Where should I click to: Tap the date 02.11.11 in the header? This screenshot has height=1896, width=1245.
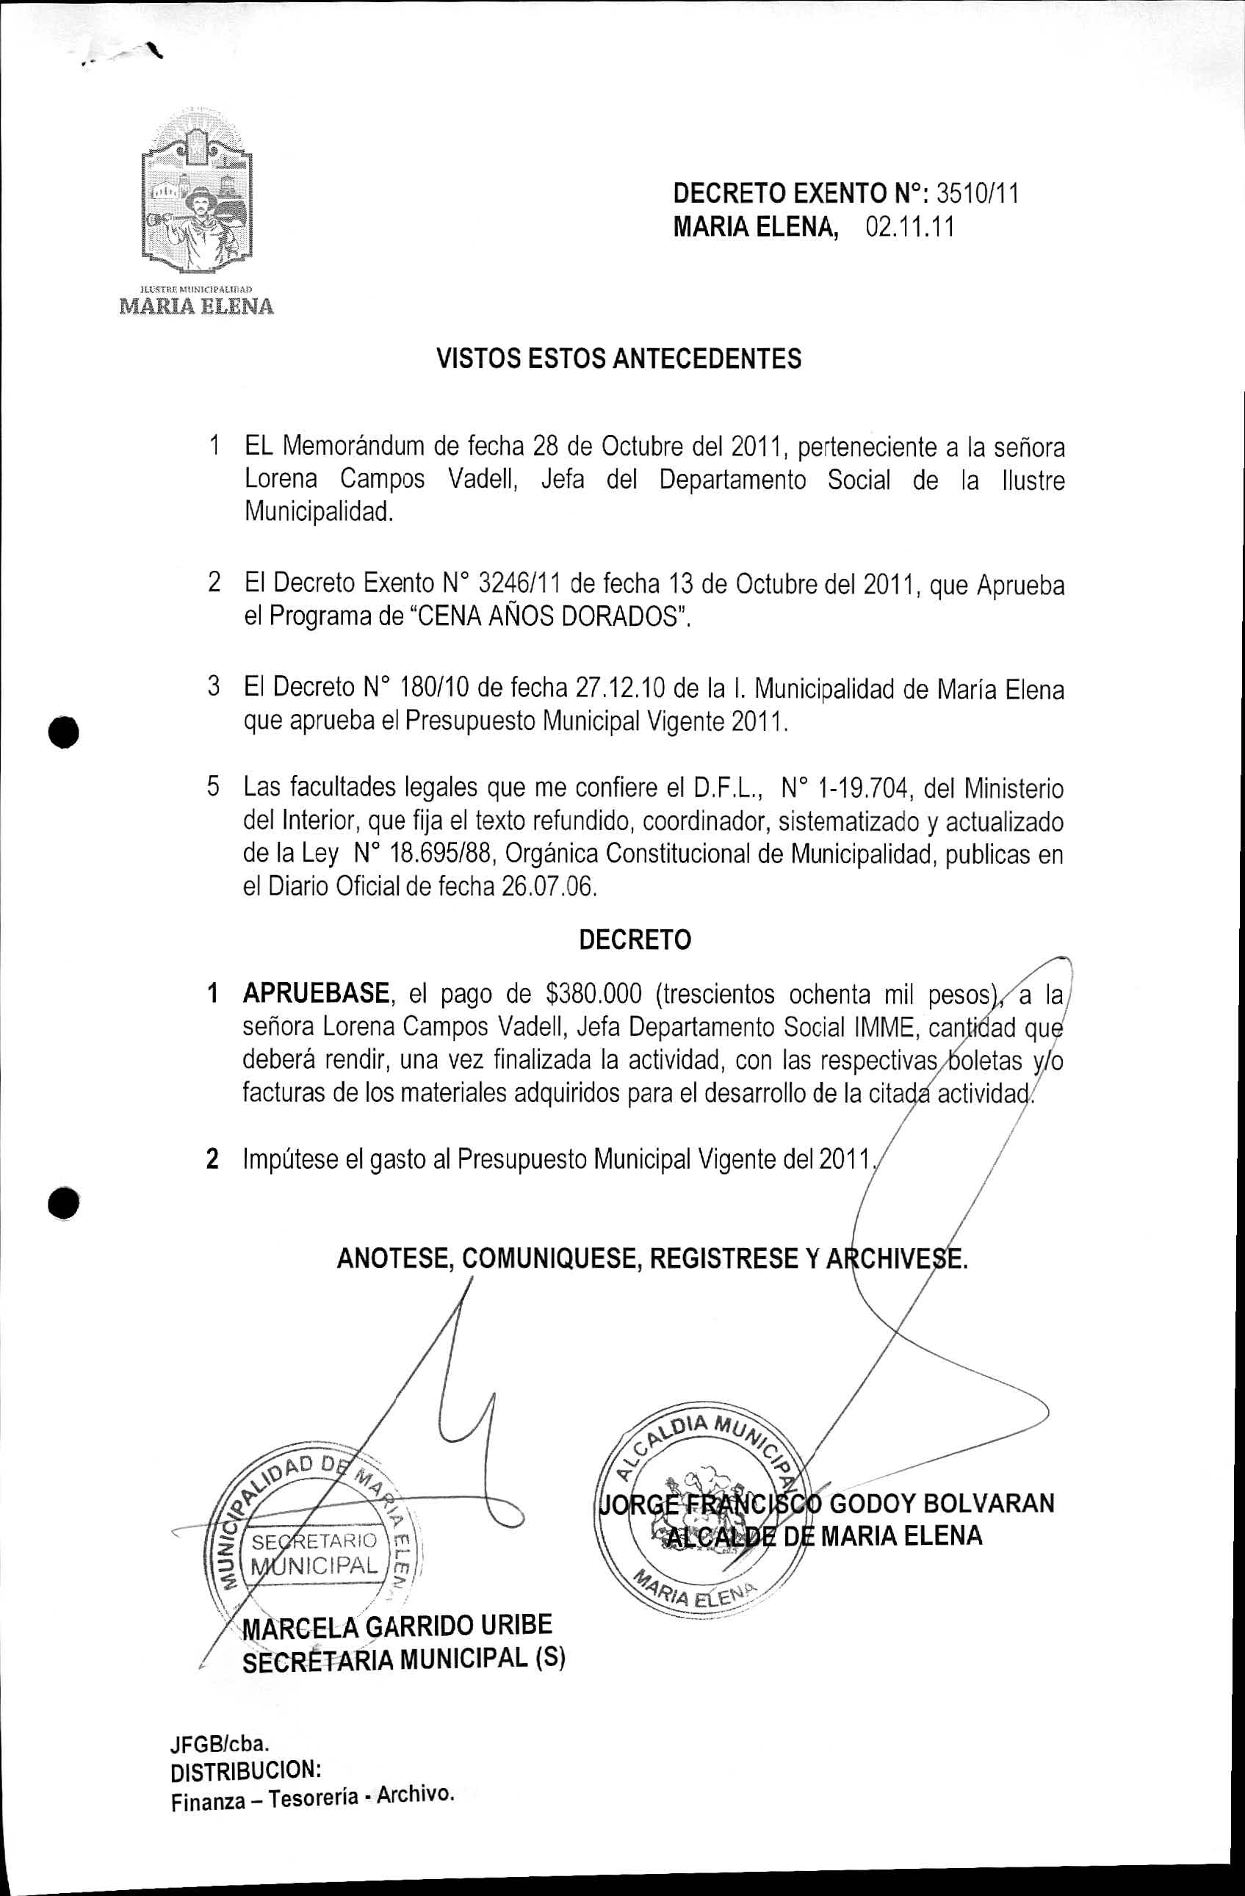pos(909,228)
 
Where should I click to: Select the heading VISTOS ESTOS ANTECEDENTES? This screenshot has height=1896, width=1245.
pos(619,359)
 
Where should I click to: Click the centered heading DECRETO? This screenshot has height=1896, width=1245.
pos(635,940)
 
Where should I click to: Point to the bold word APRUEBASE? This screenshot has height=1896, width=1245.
pos(315,993)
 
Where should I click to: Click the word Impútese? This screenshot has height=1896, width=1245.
pos(290,1159)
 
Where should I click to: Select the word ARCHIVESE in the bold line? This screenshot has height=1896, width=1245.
pos(895,1258)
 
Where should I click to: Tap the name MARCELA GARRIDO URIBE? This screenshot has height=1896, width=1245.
pos(397,1625)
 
